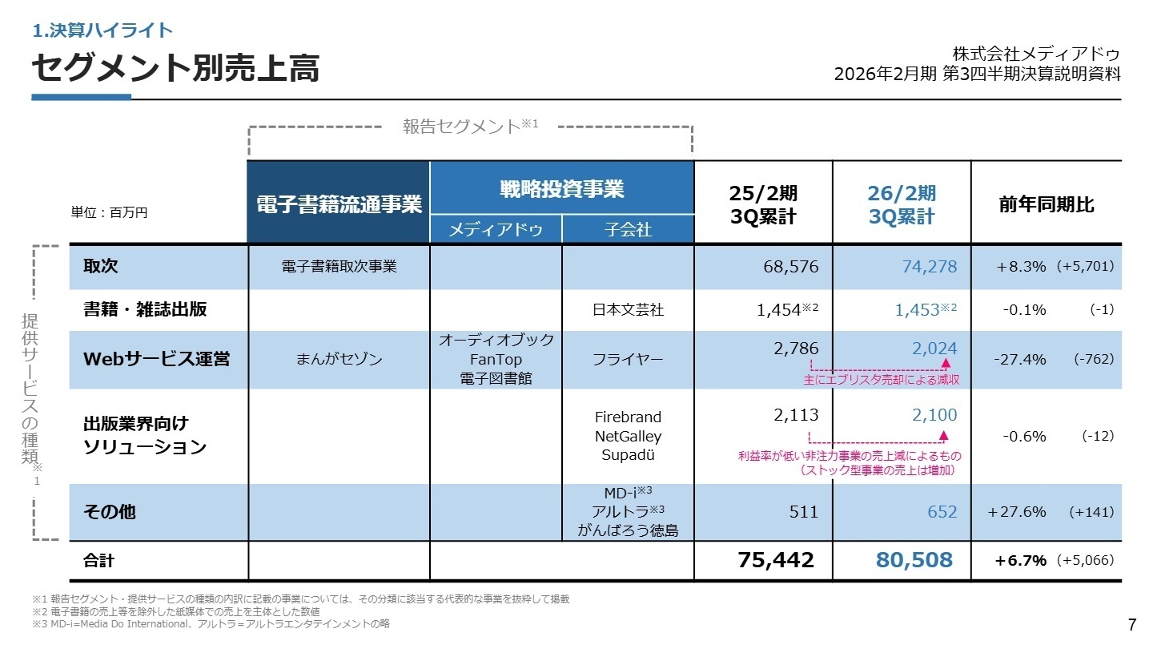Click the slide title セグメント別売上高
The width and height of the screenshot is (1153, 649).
pyautogui.click(x=175, y=69)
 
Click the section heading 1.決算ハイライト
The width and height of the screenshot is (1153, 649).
pyautogui.click(x=102, y=30)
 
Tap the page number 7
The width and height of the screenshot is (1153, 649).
pyautogui.click(x=1131, y=625)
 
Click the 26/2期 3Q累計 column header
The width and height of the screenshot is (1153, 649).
pyautogui.click(x=902, y=205)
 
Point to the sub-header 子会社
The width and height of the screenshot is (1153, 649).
pyautogui.click(x=628, y=230)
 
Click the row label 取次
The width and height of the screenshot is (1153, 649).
pyautogui.click(x=101, y=267)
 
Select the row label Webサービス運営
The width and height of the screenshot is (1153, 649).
pyautogui.click(x=156, y=359)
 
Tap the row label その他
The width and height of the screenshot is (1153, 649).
pyautogui.click(x=110, y=511)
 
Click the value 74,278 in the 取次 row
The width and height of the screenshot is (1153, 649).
pyautogui.click(x=929, y=267)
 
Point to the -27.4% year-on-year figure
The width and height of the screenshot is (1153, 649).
pyautogui.click(x=1019, y=359)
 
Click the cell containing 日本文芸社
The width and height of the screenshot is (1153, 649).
pyautogui.click(x=628, y=310)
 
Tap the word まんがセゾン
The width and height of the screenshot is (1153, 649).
pyautogui.click(x=339, y=359)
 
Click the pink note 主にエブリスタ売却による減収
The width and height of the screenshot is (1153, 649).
pyautogui.click(x=881, y=380)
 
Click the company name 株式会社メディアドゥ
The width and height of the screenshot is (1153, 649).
pyautogui.click(x=1036, y=54)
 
